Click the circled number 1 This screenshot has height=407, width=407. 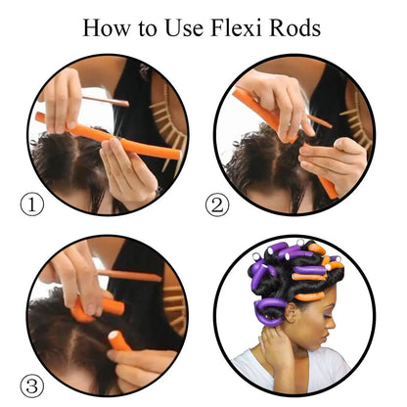(x=32, y=203)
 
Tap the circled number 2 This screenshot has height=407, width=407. (x=218, y=203)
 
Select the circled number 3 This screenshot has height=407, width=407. (x=32, y=384)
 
